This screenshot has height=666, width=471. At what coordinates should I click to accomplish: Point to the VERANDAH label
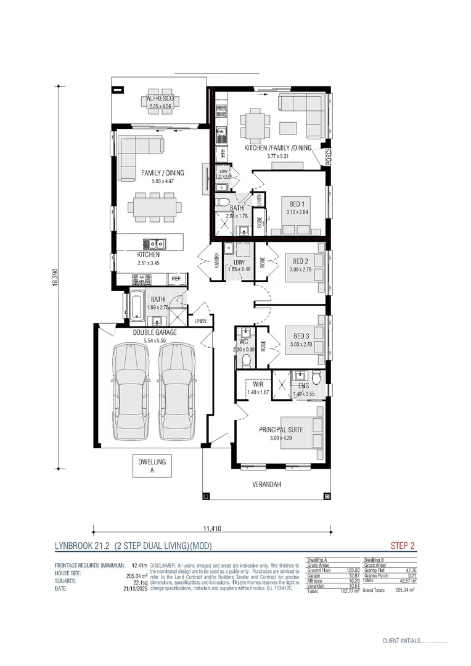(266, 485)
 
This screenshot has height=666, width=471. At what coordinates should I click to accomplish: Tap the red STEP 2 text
(403, 545)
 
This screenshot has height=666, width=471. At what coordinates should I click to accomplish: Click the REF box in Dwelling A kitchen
(176, 279)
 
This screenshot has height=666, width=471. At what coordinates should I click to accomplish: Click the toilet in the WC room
(247, 358)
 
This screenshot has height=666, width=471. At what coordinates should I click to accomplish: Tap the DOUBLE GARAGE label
(155, 332)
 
